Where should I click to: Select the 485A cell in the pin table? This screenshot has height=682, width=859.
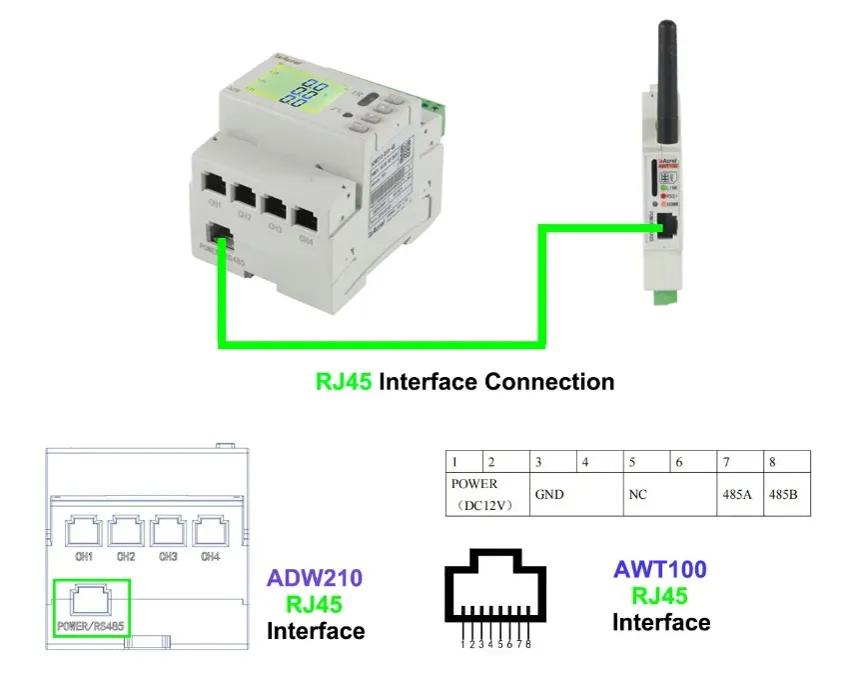pyautogui.click(x=741, y=494)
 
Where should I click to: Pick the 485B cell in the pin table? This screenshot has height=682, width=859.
pyautogui.click(x=788, y=494)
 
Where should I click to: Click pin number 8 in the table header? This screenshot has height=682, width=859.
pyautogui.click(x=773, y=462)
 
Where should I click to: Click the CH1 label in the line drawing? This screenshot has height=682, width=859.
pyautogui.click(x=84, y=556)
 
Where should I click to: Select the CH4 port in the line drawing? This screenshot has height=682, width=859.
pyautogui.click(x=210, y=532)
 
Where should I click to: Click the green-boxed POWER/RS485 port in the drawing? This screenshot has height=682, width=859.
pyautogui.click(x=90, y=600)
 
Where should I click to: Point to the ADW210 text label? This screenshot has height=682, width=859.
pyautogui.click(x=314, y=578)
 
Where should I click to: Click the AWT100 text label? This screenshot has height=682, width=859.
pyautogui.click(x=659, y=570)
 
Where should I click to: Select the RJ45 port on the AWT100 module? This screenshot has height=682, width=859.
pyautogui.click(x=671, y=229)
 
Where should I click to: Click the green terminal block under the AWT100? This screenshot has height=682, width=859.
pyautogui.click(x=663, y=297)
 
